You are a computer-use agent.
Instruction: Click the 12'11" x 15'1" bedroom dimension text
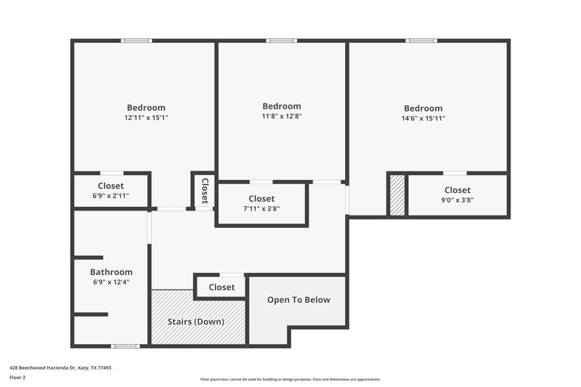(146, 118)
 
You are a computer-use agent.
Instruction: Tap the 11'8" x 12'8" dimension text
(281, 116)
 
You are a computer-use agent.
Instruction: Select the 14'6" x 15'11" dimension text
(423, 118)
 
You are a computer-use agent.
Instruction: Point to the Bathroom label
(111, 272)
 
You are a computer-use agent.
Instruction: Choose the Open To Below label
(298, 300)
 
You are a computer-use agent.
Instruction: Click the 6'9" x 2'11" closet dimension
(110, 196)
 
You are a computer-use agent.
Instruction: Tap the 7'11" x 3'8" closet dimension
(261, 208)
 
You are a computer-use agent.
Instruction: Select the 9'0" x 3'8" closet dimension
(458, 200)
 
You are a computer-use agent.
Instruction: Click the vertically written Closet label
(205, 190)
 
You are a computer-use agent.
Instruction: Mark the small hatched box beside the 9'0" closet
(397, 195)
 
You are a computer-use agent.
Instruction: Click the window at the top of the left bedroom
(137, 41)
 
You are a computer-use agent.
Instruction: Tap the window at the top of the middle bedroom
(282, 41)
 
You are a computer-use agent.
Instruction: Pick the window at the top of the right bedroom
(420, 41)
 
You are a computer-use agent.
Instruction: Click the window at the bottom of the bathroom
(125, 346)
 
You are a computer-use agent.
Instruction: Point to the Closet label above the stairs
(222, 287)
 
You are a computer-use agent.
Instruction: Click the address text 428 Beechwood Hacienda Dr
(60, 368)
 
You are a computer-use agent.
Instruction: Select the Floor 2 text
(17, 378)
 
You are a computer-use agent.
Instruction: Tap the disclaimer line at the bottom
(290, 379)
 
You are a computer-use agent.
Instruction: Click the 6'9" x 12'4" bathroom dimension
(111, 282)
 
